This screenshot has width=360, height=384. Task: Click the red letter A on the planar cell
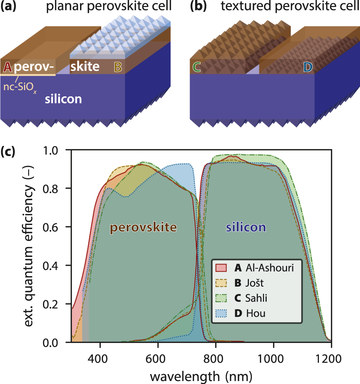click(7, 67)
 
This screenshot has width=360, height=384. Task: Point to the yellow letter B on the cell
click(118, 67)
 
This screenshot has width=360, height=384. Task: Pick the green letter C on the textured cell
click(197, 67)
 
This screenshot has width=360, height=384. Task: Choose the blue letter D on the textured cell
click(307, 67)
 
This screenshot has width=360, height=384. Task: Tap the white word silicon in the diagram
click(63, 99)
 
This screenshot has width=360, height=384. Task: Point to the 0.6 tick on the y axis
click(56, 227)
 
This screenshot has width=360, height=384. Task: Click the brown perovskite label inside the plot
click(143, 228)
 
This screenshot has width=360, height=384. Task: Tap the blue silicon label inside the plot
click(246, 227)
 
